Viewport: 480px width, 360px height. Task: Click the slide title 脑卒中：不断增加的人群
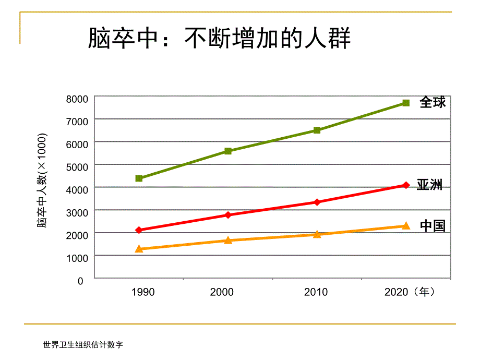(x=219, y=39)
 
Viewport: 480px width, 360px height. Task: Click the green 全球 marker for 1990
(x=139, y=178)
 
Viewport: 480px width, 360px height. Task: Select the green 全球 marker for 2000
(x=228, y=151)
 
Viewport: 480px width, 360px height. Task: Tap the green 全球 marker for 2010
(x=317, y=130)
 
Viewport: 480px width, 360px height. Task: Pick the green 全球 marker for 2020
(x=406, y=103)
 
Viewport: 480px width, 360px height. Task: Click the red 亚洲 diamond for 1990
(x=139, y=230)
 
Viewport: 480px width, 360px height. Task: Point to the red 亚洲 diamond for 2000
(x=228, y=215)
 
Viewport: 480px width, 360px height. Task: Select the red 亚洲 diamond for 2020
(x=406, y=185)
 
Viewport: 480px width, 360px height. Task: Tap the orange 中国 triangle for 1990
(x=139, y=249)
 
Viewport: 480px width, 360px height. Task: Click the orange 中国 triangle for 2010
(x=317, y=234)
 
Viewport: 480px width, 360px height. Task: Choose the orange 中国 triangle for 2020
(x=406, y=226)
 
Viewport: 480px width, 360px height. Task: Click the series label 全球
(x=433, y=102)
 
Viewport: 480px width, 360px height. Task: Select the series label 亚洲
(x=429, y=185)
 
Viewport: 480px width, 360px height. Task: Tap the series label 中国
(x=433, y=226)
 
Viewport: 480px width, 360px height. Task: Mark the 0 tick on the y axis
(x=80, y=281)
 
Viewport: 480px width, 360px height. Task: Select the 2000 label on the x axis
(x=222, y=292)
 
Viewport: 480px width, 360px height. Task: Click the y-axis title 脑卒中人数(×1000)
(x=42, y=181)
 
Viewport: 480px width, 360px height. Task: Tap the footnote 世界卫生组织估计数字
(x=83, y=345)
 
